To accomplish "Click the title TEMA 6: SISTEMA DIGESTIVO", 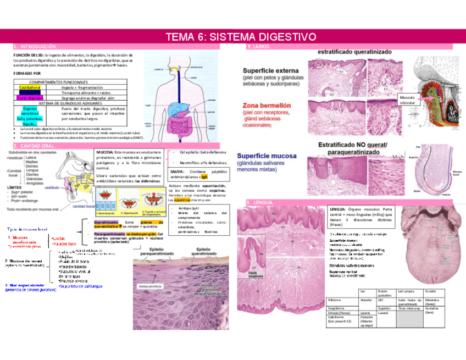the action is pos(241,37).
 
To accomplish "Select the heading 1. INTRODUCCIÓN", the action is pos(35,48).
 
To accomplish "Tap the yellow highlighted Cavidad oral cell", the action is pos(30,87).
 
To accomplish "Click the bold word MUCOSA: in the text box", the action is pos(105,151).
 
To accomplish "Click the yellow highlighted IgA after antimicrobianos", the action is pos(204,178).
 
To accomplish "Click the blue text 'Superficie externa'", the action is pos(271,70).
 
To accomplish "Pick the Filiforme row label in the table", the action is pos(334,301).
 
